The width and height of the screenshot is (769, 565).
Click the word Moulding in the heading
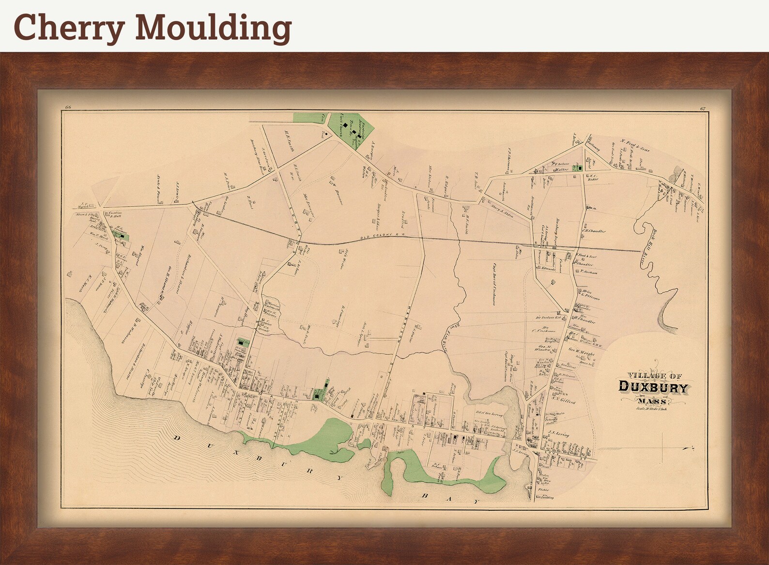coord(213,27)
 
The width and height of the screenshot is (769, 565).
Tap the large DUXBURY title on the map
coord(653,388)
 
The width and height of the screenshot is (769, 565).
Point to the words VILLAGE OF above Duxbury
coord(654,375)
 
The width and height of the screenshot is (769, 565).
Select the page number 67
coord(703,108)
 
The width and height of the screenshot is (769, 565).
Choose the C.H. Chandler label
coord(594,231)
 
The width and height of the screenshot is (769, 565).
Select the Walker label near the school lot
coord(561,170)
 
